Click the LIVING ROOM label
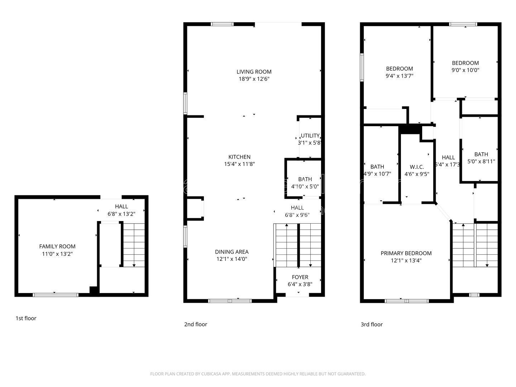(x=254, y=72)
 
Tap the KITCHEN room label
(x=239, y=157)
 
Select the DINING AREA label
(x=231, y=252)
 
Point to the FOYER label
(x=300, y=277)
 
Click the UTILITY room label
(x=310, y=136)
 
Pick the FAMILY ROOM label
(x=57, y=247)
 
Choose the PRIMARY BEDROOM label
(x=406, y=253)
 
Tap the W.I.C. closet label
(x=417, y=167)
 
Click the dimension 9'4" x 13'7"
(x=400, y=76)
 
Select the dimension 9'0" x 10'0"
(x=465, y=70)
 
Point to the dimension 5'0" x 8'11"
(x=481, y=162)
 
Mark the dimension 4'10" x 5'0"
(x=305, y=186)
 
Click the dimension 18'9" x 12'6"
(x=254, y=79)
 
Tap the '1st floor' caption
(x=26, y=318)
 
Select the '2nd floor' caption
(x=196, y=325)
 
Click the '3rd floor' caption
(x=372, y=325)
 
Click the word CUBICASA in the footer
(x=213, y=374)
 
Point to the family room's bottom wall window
(x=56, y=295)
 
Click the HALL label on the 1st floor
(x=121, y=206)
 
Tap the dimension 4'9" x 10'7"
(x=377, y=174)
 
